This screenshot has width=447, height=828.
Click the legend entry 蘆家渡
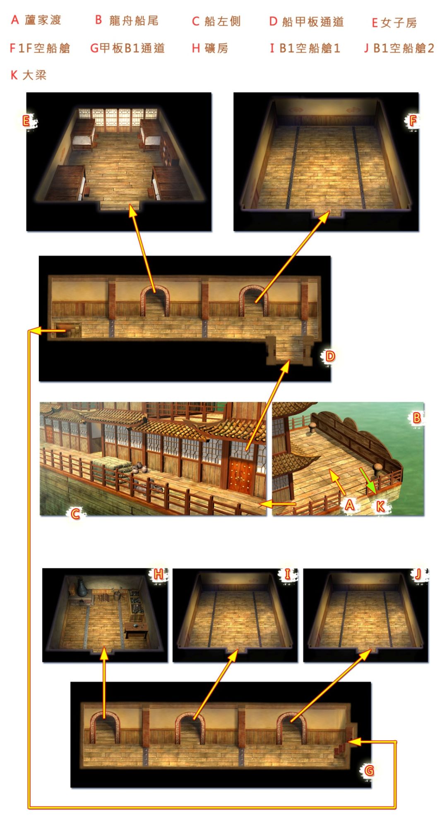click(43, 20)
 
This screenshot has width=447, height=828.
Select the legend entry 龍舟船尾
click(134, 20)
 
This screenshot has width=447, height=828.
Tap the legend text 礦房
click(216, 48)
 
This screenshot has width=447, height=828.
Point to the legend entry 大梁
click(34, 75)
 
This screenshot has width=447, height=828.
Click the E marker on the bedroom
click(26, 121)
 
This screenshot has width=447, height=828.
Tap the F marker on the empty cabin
click(413, 121)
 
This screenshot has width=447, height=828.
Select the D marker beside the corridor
click(330, 356)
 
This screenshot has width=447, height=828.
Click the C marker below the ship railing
click(75, 514)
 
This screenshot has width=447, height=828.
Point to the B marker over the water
click(417, 418)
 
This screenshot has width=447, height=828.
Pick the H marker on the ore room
click(159, 574)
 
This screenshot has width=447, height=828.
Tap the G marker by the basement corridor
click(369, 770)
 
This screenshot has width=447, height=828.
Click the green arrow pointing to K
click(368, 481)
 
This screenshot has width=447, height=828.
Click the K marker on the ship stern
click(380, 505)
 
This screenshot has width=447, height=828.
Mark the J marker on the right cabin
click(418, 574)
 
